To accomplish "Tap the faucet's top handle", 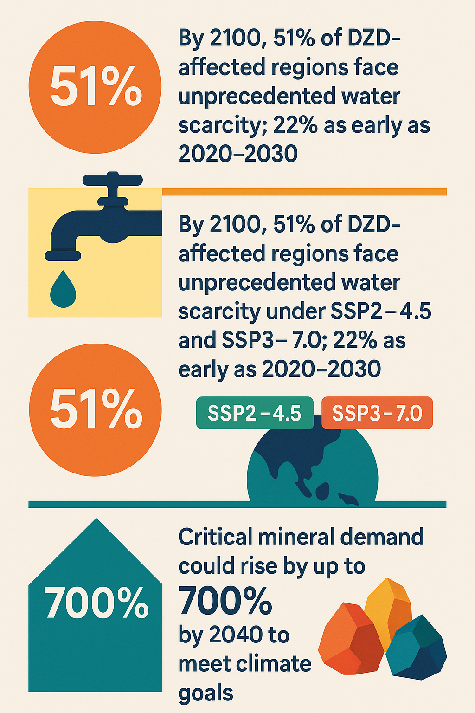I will point(112,180).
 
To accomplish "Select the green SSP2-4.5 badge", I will point(255,413).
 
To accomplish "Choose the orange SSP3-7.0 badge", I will point(377,413).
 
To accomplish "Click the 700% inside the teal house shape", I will point(96,603).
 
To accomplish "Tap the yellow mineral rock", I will point(389,603).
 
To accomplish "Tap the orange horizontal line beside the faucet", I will point(304,192).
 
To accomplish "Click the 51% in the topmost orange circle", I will point(96,87).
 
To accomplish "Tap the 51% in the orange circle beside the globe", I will point(96,409).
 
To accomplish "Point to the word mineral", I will point(295,538).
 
